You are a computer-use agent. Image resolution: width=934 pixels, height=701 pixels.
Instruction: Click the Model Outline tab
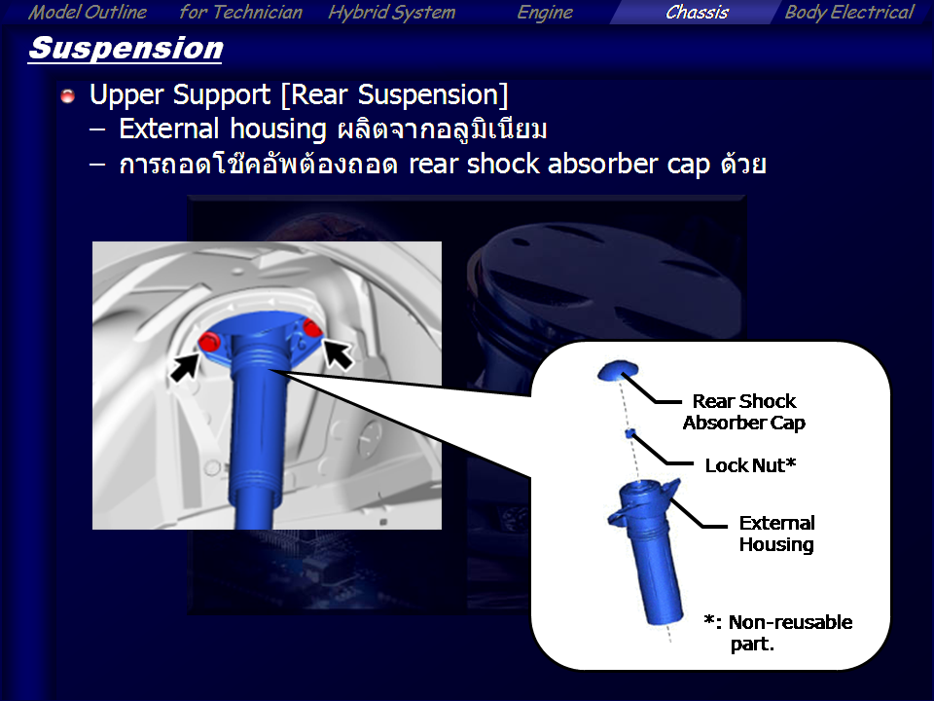pyautogui.click(x=88, y=12)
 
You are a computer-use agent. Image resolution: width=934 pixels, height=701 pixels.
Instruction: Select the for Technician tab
pyautogui.click(x=240, y=12)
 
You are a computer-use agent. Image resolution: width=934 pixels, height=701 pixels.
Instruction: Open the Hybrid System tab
pyautogui.click(x=391, y=13)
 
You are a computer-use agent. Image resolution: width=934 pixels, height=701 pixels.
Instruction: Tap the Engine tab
pyautogui.click(x=545, y=13)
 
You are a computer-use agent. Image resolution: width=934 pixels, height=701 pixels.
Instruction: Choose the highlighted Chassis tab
pyautogui.click(x=697, y=12)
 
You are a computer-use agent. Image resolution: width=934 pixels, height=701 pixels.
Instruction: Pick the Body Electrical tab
pyautogui.click(x=848, y=13)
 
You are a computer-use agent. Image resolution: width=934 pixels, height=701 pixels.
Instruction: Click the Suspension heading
pyautogui.click(x=126, y=49)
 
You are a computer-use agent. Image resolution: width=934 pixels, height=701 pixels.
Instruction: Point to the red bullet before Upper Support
pyautogui.click(x=68, y=95)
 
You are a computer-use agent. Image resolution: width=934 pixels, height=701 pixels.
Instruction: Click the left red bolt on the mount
pyautogui.click(x=209, y=343)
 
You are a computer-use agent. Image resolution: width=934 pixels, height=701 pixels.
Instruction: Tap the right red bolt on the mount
pyautogui.click(x=311, y=327)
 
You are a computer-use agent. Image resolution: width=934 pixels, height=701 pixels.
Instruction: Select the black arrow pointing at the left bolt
pyautogui.click(x=185, y=366)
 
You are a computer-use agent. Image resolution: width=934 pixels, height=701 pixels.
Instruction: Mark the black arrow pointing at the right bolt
pyautogui.click(x=338, y=354)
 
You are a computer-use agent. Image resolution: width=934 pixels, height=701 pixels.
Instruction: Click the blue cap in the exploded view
pyautogui.click(x=618, y=370)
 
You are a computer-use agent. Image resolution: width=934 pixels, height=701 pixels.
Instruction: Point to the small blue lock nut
pyautogui.click(x=629, y=432)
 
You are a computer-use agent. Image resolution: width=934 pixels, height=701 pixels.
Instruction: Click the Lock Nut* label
pyautogui.click(x=750, y=465)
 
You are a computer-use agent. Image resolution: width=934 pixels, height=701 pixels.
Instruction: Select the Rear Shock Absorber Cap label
pyautogui.click(x=744, y=412)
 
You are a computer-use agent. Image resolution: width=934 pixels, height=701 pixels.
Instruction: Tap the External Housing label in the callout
pyautogui.click(x=776, y=534)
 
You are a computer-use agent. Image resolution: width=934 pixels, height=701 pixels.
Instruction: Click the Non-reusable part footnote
pyautogui.click(x=778, y=633)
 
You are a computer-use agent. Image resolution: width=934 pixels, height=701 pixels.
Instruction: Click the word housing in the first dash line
pyautogui.click(x=278, y=129)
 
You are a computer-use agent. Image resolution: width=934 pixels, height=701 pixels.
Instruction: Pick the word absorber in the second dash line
pyautogui.click(x=602, y=164)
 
